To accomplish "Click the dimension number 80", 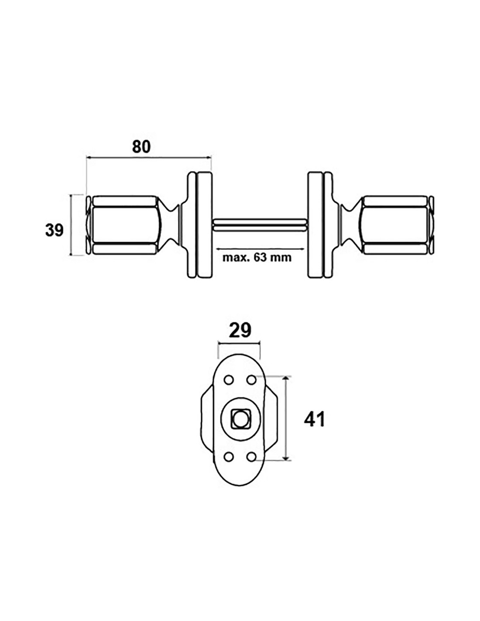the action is point(141,147).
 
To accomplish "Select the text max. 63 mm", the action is point(257,258).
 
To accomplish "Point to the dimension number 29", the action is point(240,331).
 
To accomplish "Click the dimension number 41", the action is point(314,420).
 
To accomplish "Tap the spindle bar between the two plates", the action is point(260,224).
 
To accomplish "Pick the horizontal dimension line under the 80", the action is point(149,157).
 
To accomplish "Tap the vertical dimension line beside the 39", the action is point(71,225).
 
